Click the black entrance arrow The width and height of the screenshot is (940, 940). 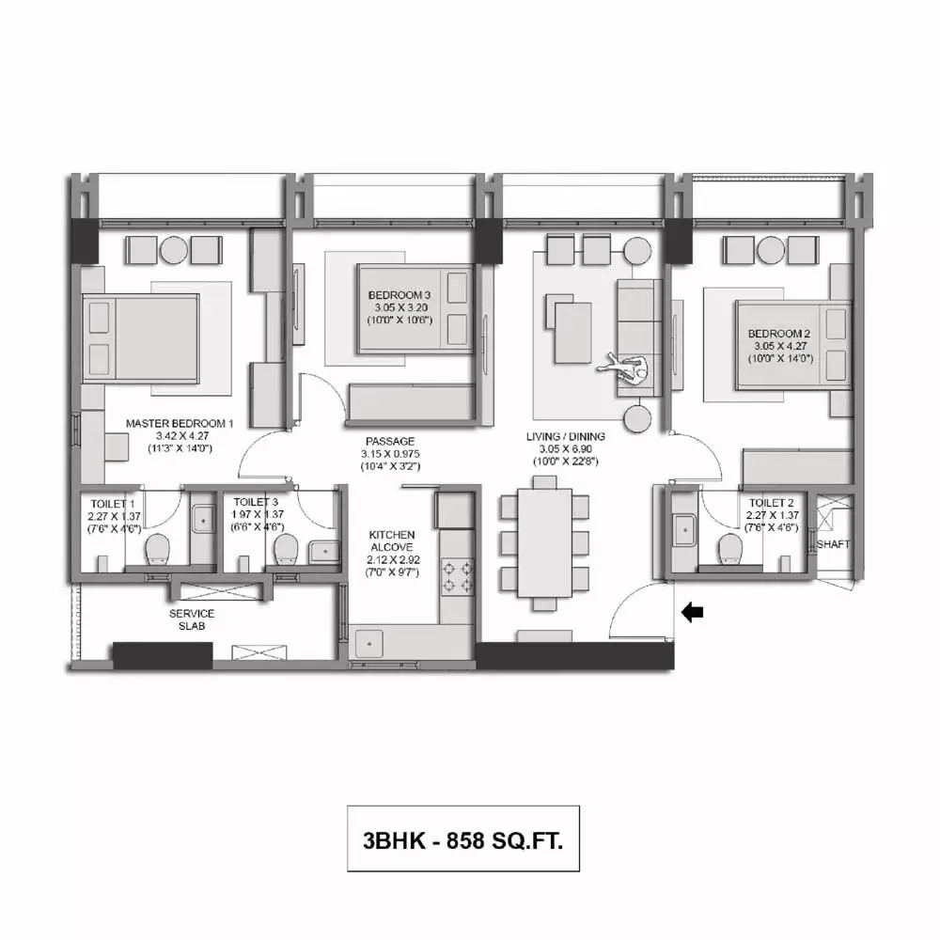click(x=693, y=612)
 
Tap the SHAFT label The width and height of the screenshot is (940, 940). click(x=833, y=544)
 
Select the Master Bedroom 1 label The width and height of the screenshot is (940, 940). click(x=180, y=423)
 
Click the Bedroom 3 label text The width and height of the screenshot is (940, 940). click(x=399, y=295)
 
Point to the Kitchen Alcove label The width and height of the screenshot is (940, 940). click(x=392, y=540)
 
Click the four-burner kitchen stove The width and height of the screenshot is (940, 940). click(x=458, y=577)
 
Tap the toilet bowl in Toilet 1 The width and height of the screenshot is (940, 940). click(x=158, y=549)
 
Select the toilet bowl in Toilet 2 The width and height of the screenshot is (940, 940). click(x=730, y=549)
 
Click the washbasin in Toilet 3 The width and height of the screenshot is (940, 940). click(x=324, y=552)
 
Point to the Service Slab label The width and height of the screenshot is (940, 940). click(x=192, y=619)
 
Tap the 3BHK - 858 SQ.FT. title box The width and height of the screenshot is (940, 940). click(x=463, y=838)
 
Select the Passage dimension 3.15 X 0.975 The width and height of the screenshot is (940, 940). click(x=390, y=454)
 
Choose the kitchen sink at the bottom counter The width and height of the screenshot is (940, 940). click(x=369, y=644)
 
